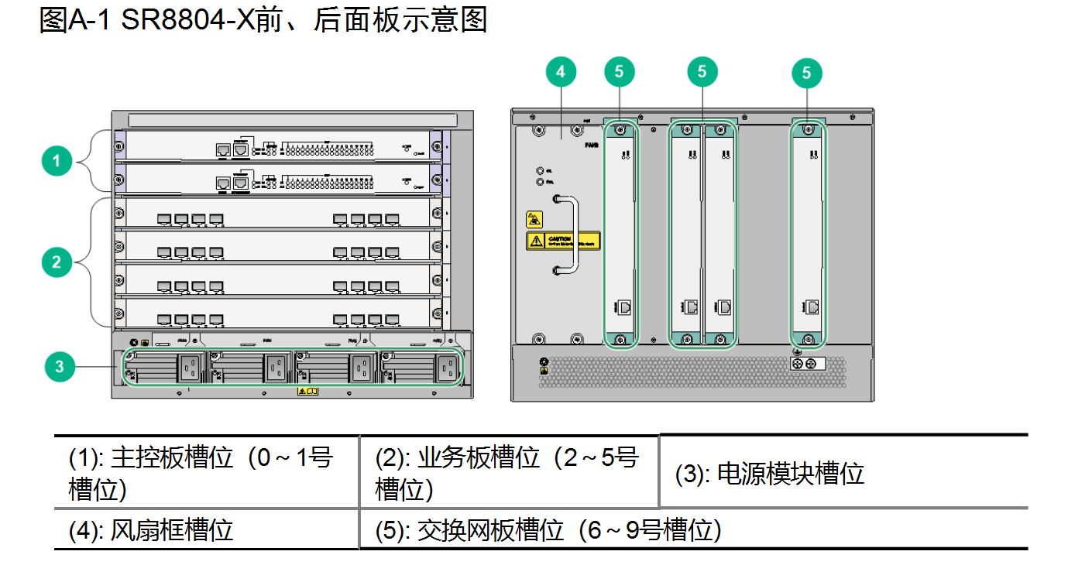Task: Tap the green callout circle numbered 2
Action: (x=56, y=262)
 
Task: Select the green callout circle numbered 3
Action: (x=60, y=366)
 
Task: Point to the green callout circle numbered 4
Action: (x=561, y=72)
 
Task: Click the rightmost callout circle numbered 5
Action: (x=807, y=72)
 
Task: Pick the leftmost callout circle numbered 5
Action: (x=619, y=72)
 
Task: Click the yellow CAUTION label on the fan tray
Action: (x=563, y=240)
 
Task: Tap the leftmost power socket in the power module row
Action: (x=191, y=368)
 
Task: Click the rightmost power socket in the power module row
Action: (x=448, y=368)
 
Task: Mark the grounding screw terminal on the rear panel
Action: (x=805, y=364)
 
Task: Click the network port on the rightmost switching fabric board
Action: (x=812, y=306)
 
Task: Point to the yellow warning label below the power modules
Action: (x=307, y=392)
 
